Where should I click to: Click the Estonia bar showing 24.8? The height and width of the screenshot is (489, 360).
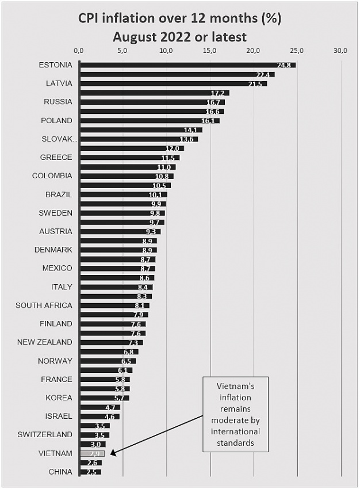[187, 65]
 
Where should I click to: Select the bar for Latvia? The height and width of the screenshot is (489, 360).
[173, 83]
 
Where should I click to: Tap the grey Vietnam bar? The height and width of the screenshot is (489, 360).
[92, 453]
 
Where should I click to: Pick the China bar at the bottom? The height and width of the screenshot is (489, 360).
[90, 472]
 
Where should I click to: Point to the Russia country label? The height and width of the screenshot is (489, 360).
[58, 102]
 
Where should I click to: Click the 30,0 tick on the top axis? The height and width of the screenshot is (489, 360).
[341, 51]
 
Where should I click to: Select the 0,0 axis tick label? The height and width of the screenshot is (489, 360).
[80, 51]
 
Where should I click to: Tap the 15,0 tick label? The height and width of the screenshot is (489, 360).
[210, 51]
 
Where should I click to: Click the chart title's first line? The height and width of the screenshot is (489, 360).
[180, 18]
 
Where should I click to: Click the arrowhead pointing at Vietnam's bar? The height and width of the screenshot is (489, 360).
[113, 453]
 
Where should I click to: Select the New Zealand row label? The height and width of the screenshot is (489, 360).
[45, 342]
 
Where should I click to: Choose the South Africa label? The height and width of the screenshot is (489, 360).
[44, 305]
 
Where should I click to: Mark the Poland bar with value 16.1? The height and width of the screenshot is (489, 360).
[150, 121]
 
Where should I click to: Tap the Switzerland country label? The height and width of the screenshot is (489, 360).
[45, 434]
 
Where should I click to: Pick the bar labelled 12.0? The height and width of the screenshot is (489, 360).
[131, 148]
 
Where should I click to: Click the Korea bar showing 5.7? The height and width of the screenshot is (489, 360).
[104, 398]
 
